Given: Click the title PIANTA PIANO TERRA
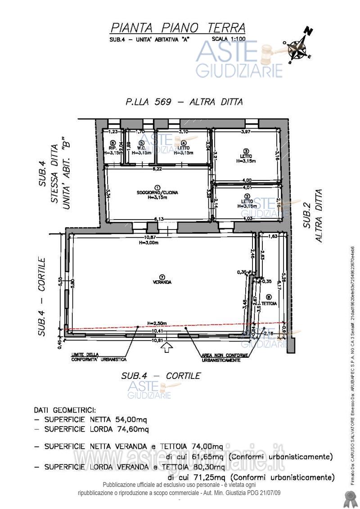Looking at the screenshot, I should pyautogui.click(x=178, y=28).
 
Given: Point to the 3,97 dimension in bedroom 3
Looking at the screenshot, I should pyautogui.click(x=245, y=132).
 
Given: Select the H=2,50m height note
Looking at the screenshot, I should pyautogui.click(x=157, y=323).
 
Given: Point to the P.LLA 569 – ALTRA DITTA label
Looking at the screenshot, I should pyautogui.click(x=184, y=102).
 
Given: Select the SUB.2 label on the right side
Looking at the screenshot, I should pyautogui.click(x=307, y=216).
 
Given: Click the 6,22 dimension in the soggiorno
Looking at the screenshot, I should pyautogui.click(x=157, y=169).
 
